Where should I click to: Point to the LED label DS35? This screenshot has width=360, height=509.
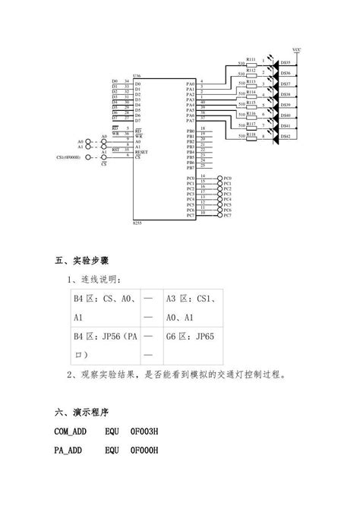click(x=286, y=63)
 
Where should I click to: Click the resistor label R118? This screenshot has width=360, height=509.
click(x=251, y=132)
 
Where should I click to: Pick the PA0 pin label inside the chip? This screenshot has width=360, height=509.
click(x=191, y=83)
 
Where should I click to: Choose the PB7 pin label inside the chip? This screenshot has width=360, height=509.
click(x=191, y=168)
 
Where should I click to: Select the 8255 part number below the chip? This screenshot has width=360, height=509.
click(x=137, y=223)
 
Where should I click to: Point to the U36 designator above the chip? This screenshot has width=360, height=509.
click(x=137, y=77)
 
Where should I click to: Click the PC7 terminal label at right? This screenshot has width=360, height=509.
click(x=226, y=215)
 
